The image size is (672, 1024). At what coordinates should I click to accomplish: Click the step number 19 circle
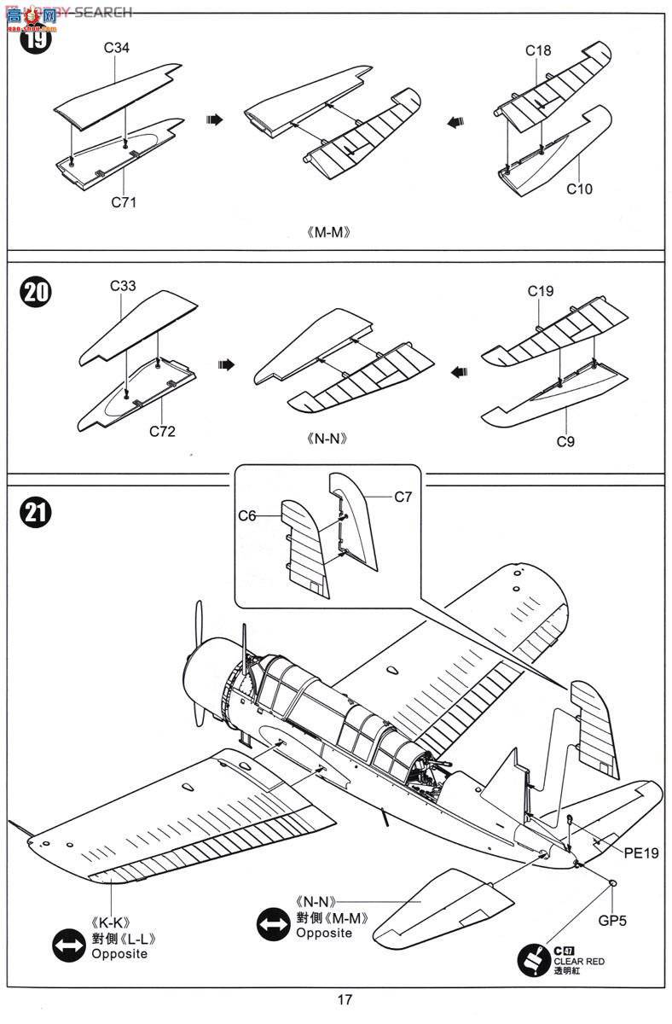point(35,38)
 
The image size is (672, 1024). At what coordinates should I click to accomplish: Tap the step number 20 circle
point(35,293)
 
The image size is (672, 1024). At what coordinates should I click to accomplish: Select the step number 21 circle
point(35,512)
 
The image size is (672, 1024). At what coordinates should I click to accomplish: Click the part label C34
point(117,49)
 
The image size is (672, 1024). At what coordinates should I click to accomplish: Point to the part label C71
point(123,202)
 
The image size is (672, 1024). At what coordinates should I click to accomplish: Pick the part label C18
point(538,51)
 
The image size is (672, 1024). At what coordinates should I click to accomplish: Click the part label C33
point(123,286)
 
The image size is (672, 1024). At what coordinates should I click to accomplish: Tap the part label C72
point(161,432)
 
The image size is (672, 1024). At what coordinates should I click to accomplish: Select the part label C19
point(540,291)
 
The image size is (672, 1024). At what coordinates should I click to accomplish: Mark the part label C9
point(565,441)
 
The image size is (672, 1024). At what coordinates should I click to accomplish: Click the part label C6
point(247,515)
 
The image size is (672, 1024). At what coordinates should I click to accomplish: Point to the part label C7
point(403,496)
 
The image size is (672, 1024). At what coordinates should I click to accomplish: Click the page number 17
point(344,1000)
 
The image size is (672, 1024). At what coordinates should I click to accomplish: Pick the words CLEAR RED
point(579,962)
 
